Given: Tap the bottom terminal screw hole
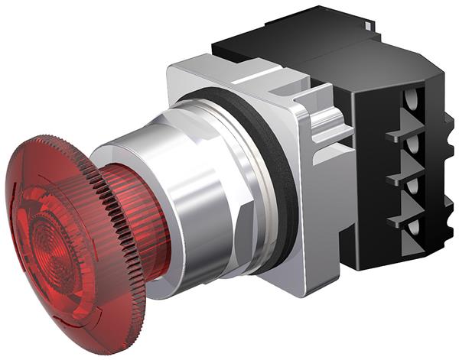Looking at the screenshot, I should (414, 228).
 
